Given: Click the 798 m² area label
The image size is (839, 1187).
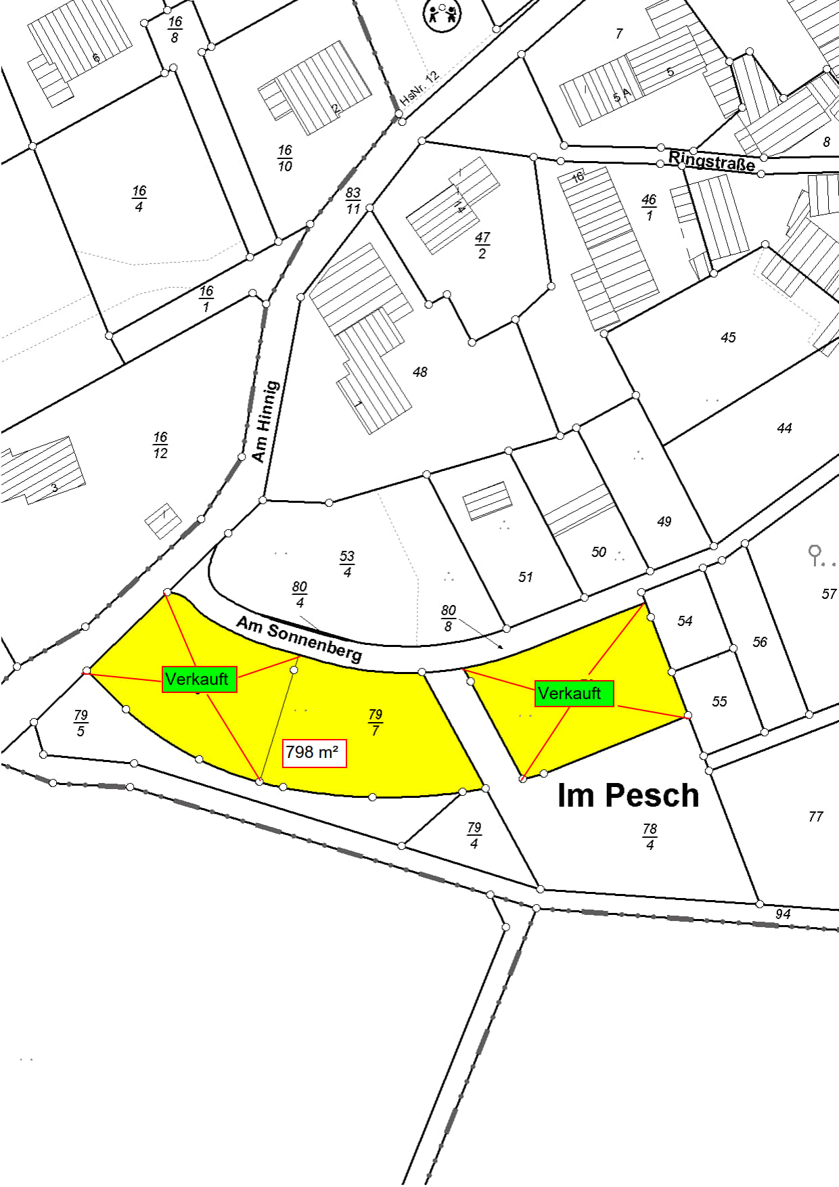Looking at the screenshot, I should click(314, 753).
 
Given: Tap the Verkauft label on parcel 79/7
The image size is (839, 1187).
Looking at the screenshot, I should click(199, 679).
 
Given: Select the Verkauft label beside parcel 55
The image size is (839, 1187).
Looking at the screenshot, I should click(574, 694).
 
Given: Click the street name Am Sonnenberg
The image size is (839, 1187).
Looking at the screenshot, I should click(299, 638).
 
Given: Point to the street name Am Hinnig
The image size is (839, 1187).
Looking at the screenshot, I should click(265, 421).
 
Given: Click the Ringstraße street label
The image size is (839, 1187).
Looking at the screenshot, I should click(711, 162).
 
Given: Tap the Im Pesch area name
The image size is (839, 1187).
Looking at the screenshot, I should click(628, 795).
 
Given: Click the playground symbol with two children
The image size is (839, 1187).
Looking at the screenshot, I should click(442, 14).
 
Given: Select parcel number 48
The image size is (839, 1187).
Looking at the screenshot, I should click(420, 372).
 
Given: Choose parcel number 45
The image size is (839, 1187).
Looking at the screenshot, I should click(728, 338).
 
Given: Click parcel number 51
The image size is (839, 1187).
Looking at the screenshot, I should click(526, 577).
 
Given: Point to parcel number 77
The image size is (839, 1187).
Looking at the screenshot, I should click(816, 817).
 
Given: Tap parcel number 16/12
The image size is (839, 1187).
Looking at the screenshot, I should click(160, 445).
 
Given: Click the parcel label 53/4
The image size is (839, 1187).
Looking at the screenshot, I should click(347, 564).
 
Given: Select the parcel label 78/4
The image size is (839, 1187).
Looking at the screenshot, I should click(650, 836).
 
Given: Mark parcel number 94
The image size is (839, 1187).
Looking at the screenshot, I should click(783, 914).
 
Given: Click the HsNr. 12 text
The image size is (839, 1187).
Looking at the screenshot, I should click(419, 87).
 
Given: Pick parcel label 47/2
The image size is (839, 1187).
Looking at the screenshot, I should click(482, 245).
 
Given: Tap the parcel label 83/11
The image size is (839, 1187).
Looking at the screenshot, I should click(353, 200).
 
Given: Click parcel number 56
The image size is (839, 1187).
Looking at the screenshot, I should click(760, 642).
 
